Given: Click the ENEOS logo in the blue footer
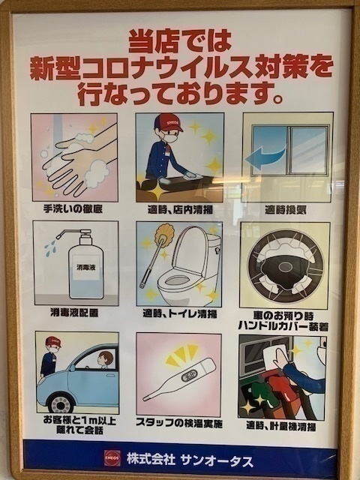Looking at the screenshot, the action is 112,457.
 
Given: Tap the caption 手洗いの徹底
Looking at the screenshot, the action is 73,209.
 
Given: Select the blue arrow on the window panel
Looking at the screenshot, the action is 265,157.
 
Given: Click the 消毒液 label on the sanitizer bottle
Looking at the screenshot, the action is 86,268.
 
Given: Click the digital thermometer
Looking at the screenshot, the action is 179,379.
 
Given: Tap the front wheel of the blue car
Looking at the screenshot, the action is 61,403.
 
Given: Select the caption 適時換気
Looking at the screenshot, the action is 285,210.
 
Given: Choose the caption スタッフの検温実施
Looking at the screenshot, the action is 179,424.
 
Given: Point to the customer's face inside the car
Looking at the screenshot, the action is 105,358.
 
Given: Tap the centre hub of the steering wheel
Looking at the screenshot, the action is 286,267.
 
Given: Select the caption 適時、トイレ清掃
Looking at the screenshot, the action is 180,313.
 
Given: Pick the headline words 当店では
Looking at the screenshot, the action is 180,40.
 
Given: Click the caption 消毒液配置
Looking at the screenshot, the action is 74,313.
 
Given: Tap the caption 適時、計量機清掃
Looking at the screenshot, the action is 281,426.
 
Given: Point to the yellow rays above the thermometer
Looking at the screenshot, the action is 181,355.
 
